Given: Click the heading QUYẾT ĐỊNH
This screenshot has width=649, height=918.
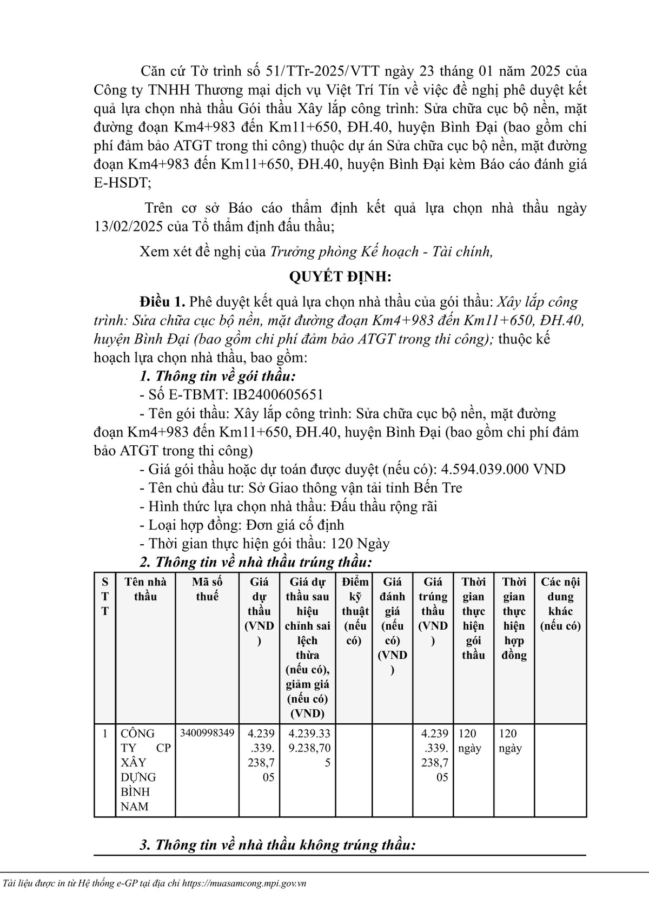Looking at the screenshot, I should (340, 277).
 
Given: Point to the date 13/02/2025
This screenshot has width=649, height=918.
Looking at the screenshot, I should (128, 227).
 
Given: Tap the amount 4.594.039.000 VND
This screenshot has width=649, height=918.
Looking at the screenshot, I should (504, 469).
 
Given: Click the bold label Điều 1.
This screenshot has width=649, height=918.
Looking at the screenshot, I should (162, 301).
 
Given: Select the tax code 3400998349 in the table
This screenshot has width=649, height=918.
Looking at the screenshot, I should (207, 733).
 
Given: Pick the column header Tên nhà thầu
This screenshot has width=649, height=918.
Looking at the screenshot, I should (145, 589).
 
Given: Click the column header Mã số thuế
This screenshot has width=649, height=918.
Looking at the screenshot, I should (207, 589).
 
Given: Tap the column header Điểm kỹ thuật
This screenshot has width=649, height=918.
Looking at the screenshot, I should (355, 611).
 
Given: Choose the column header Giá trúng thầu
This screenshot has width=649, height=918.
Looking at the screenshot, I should (433, 611).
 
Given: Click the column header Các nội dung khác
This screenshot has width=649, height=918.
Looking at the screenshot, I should (560, 604).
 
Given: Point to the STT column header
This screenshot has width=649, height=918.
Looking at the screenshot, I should (105, 597).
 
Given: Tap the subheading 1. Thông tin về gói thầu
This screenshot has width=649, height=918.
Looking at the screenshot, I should (217, 377).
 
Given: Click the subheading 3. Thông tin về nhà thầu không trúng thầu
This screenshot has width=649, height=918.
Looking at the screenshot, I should (277, 845).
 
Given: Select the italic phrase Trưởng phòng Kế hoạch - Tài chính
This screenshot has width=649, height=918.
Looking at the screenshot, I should (381, 252).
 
